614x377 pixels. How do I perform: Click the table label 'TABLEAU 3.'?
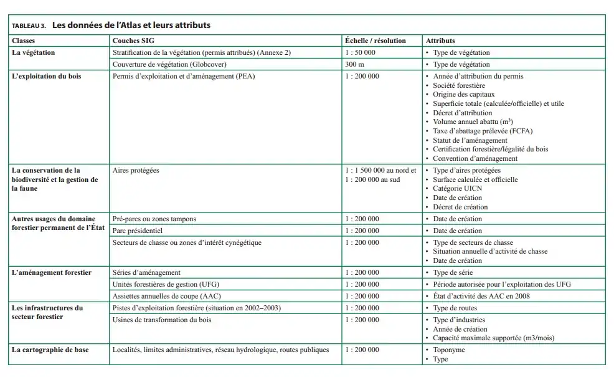click(29, 26)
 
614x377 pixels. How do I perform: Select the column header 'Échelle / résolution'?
click(375, 41)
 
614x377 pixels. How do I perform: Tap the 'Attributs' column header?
click(440, 41)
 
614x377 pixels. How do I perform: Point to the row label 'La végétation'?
click(34, 52)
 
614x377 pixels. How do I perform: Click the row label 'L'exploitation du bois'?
click(47, 76)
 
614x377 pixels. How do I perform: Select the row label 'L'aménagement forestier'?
click(52, 272)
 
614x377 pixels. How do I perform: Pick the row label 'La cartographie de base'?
click(50, 350)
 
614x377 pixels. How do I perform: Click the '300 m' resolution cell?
click(354, 64)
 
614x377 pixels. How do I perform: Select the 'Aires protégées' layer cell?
click(136, 169)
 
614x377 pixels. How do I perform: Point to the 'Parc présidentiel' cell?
click(139, 231)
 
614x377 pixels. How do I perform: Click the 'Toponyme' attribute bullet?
click(449, 350)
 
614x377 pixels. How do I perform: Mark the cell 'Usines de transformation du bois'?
click(161, 320)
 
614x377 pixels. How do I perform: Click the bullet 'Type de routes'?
click(455, 308)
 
